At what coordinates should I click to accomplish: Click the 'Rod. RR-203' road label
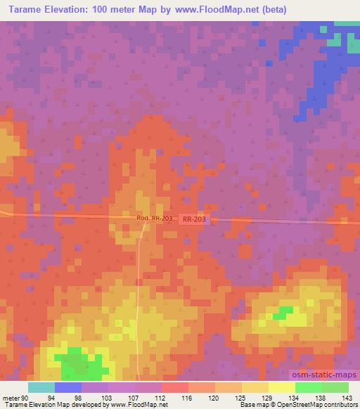point(154,219)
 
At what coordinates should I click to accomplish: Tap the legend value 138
point(321,396)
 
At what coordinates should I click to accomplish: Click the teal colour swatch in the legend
point(41,387)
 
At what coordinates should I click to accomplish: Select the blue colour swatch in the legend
point(68,387)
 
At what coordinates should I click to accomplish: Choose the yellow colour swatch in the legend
point(281,387)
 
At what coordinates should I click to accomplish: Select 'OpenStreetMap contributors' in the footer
point(314,405)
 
